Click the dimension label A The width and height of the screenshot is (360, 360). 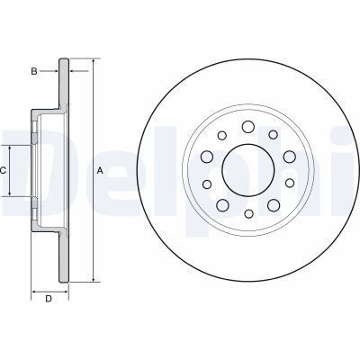click(x=100, y=170)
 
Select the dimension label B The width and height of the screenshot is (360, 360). click(x=34, y=70)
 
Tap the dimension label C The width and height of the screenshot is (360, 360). click(x=4, y=169)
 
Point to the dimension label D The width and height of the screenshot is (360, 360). click(x=48, y=299)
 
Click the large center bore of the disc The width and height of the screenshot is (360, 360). click(x=247, y=170)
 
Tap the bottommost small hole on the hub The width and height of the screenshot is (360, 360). click(x=247, y=214)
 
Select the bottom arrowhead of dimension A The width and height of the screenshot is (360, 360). click(x=92, y=278)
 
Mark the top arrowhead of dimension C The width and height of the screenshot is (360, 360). click(x=11, y=146)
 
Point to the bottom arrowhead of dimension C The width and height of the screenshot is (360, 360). click(x=11, y=194)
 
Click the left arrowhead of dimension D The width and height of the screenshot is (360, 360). click(x=33, y=292)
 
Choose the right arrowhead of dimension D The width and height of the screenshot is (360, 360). click(x=67, y=292)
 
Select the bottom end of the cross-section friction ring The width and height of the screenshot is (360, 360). click(x=63, y=280)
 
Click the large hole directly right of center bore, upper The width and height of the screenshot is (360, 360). click(x=288, y=157)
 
